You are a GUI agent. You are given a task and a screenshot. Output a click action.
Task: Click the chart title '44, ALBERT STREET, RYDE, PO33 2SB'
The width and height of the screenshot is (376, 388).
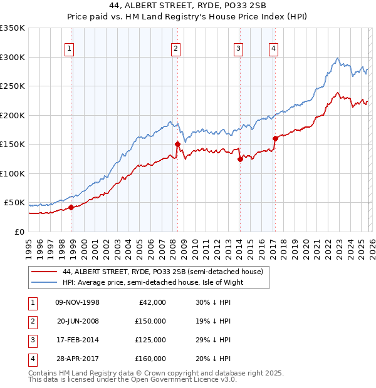pyautogui.click(x=188, y=7)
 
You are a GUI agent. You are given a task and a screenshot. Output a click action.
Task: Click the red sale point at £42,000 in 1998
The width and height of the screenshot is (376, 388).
pyautogui.click(x=71, y=207)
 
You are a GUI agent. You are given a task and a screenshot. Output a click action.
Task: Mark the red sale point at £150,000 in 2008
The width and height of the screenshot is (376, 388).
pyautogui.click(x=177, y=144)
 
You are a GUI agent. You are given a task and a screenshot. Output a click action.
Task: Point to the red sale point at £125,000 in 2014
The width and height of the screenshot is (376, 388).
pyautogui.click(x=240, y=159)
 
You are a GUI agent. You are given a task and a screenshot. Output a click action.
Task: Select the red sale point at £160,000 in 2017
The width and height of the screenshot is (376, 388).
pyautogui.click(x=275, y=138)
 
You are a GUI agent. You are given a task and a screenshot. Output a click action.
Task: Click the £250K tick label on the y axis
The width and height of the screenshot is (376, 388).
pyautogui.click(x=13, y=86)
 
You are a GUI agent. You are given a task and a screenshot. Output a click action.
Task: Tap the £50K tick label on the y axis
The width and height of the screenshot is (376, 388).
pyautogui.click(x=14, y=203)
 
